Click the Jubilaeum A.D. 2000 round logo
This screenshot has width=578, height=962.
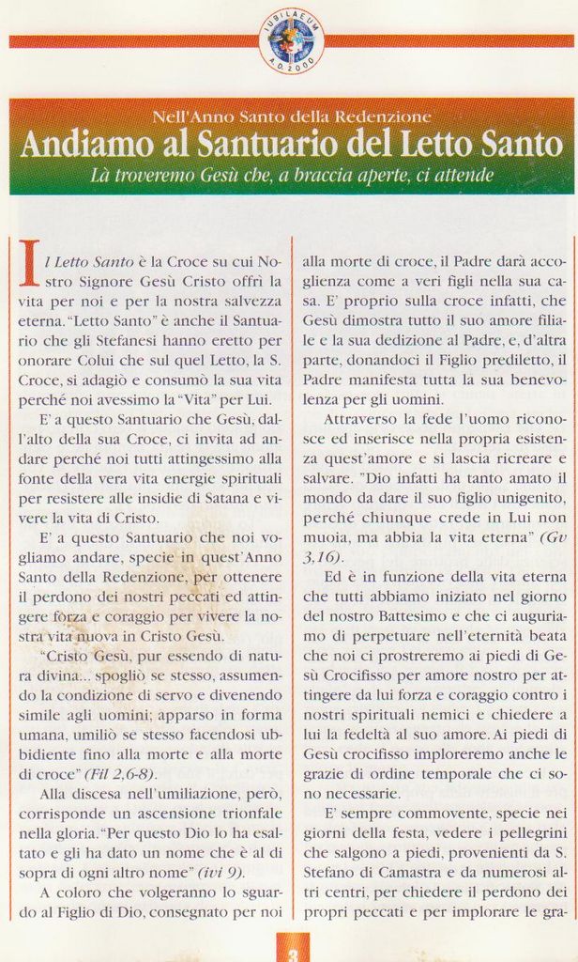(291, 40)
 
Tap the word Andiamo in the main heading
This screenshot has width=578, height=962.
(79, 145)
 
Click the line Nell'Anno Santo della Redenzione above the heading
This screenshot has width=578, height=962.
(291, 117)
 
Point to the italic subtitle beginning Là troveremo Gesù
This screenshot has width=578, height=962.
(291, 175)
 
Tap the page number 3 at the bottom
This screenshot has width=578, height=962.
(293, 953)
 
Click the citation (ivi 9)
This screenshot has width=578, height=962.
(221, 872)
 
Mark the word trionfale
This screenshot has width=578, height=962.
(246, 814)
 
